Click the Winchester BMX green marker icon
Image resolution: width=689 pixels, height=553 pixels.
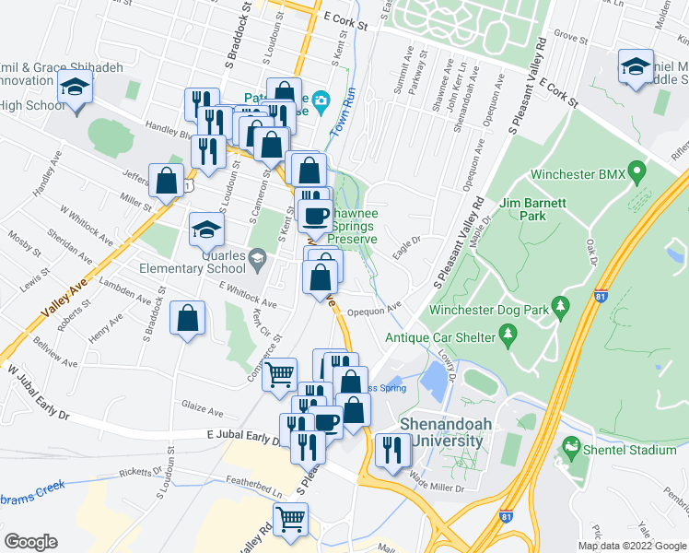point(635,173)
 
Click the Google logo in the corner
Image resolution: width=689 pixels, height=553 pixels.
point(30,542)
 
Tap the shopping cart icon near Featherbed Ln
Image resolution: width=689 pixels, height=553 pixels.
point(291,519)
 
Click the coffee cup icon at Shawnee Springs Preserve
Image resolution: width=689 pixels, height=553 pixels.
point(317,216)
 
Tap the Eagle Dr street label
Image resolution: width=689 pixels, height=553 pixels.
point(405,241)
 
